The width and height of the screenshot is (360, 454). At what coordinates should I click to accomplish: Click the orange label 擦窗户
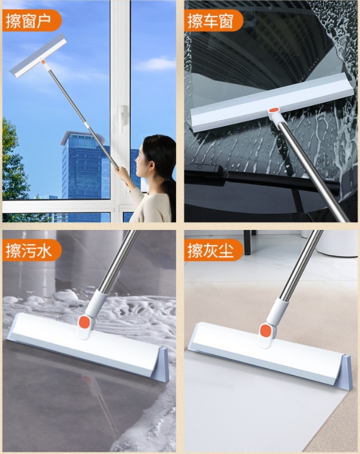[31, 21]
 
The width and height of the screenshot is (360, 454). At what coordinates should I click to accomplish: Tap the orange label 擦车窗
[213, 21]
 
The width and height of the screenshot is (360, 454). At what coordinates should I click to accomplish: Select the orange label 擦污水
[31, 250]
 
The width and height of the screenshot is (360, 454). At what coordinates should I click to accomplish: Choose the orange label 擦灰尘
[213, 250]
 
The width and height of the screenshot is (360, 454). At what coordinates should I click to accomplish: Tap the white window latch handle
[122, 118]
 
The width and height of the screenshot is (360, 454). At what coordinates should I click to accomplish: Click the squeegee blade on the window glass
[38, 55]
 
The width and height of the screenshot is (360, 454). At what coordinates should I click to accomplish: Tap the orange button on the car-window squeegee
[274, 110]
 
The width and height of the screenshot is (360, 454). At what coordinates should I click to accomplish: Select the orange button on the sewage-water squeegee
[84, 322]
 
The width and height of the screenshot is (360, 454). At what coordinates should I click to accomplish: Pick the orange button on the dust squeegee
[265, 330]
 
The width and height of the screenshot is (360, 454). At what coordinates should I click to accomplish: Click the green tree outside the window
[15, 162]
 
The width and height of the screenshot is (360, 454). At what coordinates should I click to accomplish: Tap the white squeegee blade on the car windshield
[272, 103]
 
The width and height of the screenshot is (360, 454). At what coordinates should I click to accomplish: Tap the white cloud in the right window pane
[156, 64]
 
